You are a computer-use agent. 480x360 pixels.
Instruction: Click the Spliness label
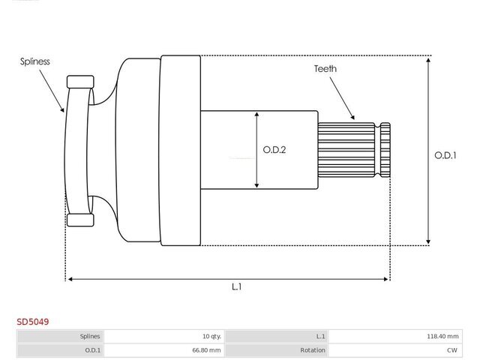(x=35, y=61)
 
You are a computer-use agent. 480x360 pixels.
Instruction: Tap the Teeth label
(x=325, y=69)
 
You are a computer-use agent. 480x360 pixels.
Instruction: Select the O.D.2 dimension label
(x=274, y=150)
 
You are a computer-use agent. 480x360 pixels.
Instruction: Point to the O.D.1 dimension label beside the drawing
(x=445, y=155)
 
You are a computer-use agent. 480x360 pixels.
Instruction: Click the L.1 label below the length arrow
(x=237, y=286)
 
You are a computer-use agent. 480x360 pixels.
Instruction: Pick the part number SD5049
(x=33, y=322)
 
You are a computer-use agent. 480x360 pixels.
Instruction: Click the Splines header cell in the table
(x=90, y=337)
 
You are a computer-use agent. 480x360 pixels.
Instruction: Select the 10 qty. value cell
(x=211, y=337)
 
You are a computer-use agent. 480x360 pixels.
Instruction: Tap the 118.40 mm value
(x=442, y=337)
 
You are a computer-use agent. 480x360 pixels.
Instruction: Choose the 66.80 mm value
(x=206, y=350)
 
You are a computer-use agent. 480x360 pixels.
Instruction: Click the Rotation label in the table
(x=313, y=350)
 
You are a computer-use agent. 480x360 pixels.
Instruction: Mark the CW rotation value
(x=452, y=350)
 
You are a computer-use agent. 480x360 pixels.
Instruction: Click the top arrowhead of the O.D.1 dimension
(x=428, y=59)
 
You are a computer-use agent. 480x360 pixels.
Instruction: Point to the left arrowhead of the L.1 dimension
(x=70, y=279)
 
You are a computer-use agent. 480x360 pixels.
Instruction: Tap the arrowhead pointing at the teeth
(x=352, y=117)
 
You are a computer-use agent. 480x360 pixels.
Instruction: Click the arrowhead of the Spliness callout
(x=62, y=109)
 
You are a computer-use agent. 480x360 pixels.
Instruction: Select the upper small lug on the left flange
(x=80, y=82)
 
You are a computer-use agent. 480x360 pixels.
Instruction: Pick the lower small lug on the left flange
(x=80, y=220)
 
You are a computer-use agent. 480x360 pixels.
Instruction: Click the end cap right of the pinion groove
(x=385, y=150)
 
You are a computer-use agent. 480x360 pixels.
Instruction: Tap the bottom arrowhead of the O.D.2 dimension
(x=256, y=185)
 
